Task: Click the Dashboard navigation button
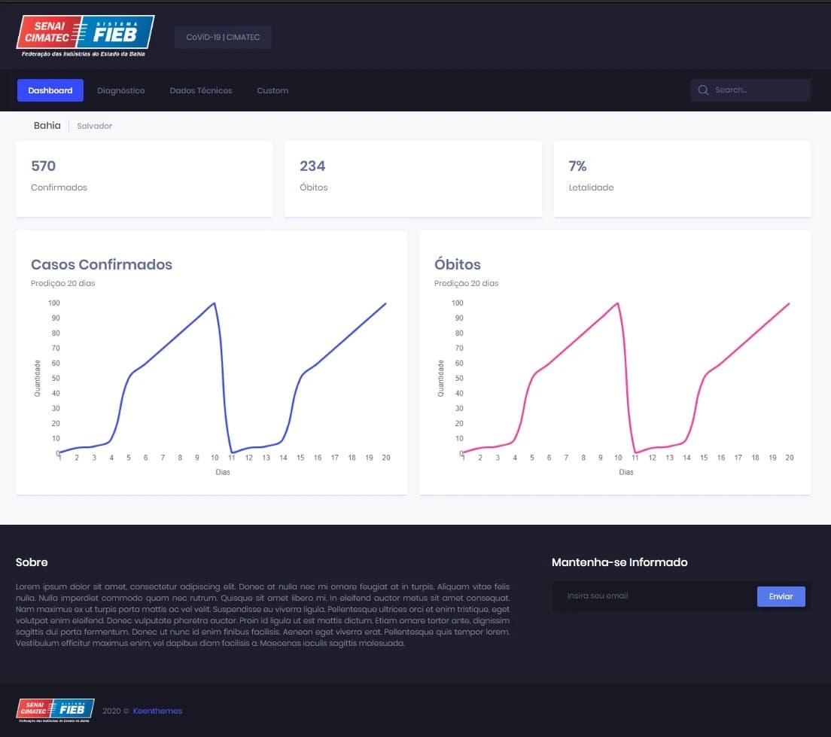tap(50, 90)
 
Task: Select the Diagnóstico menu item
tap(120, 90)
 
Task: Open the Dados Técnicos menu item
tap(201, 90)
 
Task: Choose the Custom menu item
tap(272, 90)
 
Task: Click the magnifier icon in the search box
tap(703, 90)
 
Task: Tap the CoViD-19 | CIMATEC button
tap(223, 37)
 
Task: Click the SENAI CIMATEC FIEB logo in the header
tap(85, 35)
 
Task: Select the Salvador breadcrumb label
tap(95, 126)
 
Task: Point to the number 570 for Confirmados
tap(44, 166)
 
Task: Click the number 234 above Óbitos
tap(312, 166)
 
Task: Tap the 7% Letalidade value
tap(577, 166)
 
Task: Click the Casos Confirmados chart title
tap(102, 264)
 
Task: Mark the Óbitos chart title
tap(458, 264)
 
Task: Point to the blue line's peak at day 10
tap(215, 303)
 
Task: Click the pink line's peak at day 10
tap(618, 303)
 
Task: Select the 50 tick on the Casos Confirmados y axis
tap(54, 379)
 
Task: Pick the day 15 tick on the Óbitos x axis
tap(704, 458)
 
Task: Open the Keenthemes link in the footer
tap(157, 711)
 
